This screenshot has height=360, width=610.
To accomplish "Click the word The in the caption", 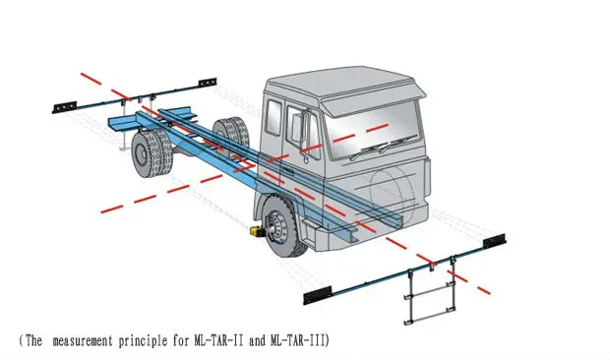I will click(32, 340).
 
